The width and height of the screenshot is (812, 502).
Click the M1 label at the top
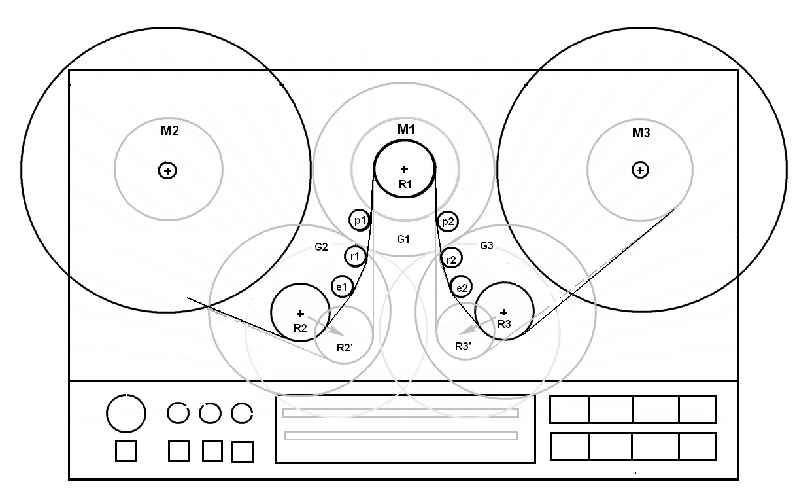pyautogui.click(x=407, y=130)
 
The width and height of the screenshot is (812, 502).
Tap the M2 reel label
pyautogui.click(x=170, y=131)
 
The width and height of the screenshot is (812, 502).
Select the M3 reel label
pyautogui.click(x=641, y=134)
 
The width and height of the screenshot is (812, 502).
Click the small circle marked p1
pyautogui.click(x=359, y=221)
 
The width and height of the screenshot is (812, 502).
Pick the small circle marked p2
pyautogui.click(x=447, y=222)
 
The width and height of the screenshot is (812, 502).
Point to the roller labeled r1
pyautogui.click(x=355, y=256)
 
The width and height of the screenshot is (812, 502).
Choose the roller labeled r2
pyautogui.click(x=450, y=259)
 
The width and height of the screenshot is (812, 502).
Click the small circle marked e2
pyautogui.click(x=462, y=287)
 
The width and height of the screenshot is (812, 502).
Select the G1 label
pyautogui.click(x=403, y=239)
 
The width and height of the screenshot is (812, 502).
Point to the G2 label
pyautogui.click(x=321, y=247)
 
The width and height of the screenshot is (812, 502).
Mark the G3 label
pyautogui.click(x=487, y=246)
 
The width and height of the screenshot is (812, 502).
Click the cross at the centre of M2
pyautogui.click(x=168, y=171)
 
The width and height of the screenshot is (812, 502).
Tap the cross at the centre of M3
pyautogui.click(x=640, y=170)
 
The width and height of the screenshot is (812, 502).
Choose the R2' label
pyautogui.click(x=345, y=347)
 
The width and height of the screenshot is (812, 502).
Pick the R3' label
pyautogui.click(x=463, y=346)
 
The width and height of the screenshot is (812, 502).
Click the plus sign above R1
pyautogui.click(x=404, y=170)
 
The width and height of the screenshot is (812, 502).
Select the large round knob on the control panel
pyautogui.click(x=126, y=413)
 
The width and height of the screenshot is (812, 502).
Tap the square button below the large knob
pyautogui.click(x=126, y=451)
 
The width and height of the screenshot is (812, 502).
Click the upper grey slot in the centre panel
pyautogui.click(x=401, y=413)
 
